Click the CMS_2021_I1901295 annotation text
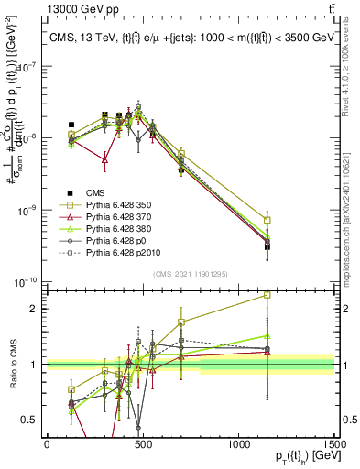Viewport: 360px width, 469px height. [x=191, y=274]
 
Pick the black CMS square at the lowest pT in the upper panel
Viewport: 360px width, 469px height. [x=71, y=125]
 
